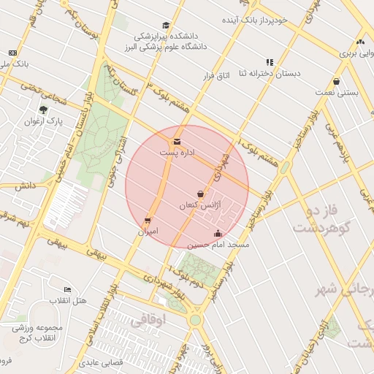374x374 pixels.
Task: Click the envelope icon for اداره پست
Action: click(177, 142)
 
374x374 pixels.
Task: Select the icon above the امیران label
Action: click(148, 220)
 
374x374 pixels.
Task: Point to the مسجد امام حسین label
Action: click(218, 245)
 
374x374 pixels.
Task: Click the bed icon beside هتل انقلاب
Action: click(68, 290)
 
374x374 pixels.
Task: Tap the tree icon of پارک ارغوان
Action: click(44, 110)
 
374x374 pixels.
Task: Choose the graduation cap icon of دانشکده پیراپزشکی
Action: click(166, 26)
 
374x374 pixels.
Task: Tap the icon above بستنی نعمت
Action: click(336, 81)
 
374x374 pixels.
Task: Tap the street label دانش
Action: click(24, 186)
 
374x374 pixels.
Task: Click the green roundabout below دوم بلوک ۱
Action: click(195, 320)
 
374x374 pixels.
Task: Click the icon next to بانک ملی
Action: click(12, 53)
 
